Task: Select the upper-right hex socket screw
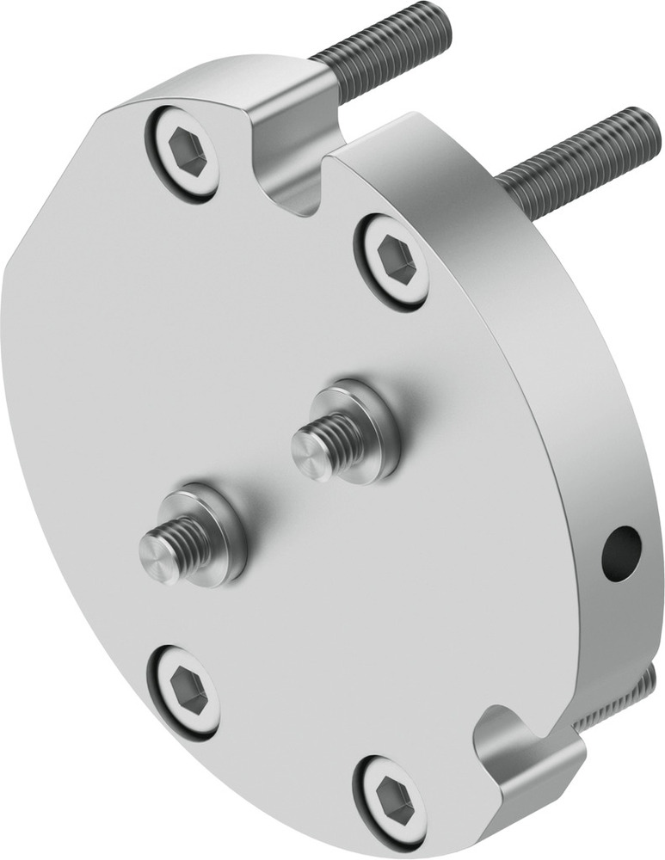pos(392,261)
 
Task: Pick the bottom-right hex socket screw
pos(391,800)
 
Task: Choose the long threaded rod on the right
pos(576,163)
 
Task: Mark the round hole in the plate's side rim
pos(620,553)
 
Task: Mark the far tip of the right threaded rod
pos(646,124)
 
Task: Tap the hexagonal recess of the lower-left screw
pos(187,690)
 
